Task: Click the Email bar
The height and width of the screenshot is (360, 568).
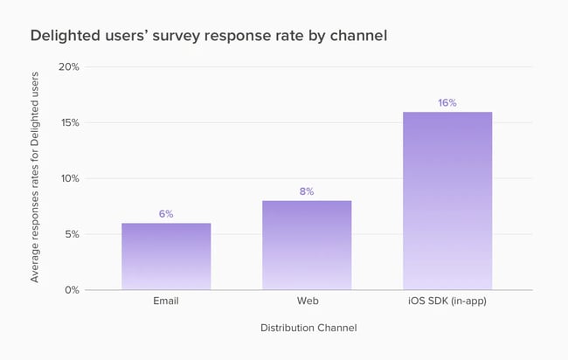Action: coord(166,256)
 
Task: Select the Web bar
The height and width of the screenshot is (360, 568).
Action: coord(307,245)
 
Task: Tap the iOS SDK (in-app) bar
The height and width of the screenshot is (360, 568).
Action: coord(447,201)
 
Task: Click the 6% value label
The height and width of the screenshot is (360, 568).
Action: coord(166,214)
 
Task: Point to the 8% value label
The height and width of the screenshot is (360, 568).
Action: coord(307,191)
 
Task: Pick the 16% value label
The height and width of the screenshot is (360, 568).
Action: coord(447,102)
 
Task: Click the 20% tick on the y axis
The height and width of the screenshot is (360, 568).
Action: coord(69,67)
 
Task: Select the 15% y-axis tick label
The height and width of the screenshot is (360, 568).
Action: coord(70,122)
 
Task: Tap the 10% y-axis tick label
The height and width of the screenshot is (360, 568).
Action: coord(70,178)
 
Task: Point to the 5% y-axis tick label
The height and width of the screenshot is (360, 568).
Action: coord(73,234)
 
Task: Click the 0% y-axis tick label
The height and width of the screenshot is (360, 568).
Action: coord(73,290)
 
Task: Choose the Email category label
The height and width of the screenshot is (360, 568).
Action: coord(166,302)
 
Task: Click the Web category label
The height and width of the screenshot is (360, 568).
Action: coord(307,302)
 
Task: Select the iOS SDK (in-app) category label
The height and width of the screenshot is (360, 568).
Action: coord(447,302)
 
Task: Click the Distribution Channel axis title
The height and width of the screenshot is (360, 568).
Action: coord(308,328)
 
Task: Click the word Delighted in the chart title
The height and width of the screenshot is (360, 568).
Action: coord(62,37)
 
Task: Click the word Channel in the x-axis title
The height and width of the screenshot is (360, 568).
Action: coord(337,328)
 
